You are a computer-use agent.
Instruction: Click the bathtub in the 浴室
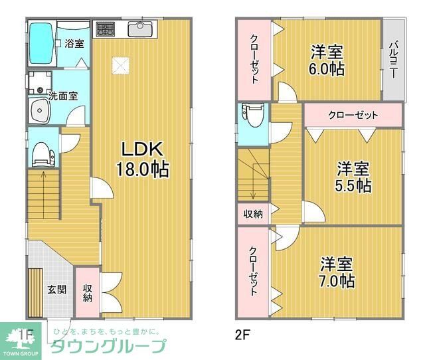coord(41,43)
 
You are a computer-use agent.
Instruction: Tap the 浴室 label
coord(74,44)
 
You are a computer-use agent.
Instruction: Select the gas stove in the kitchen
coord(105,30)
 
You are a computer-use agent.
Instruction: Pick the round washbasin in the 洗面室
coord(39,110)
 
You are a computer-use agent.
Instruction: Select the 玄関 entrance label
coord(56,290)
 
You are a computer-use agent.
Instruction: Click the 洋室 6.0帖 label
coord(327,60)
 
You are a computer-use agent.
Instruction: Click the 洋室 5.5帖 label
coord(353,176)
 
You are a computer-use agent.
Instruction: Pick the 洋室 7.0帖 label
coord(337,272)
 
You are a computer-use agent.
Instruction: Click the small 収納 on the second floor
coord(252,214)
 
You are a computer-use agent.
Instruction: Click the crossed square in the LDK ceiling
coord(120,65)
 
